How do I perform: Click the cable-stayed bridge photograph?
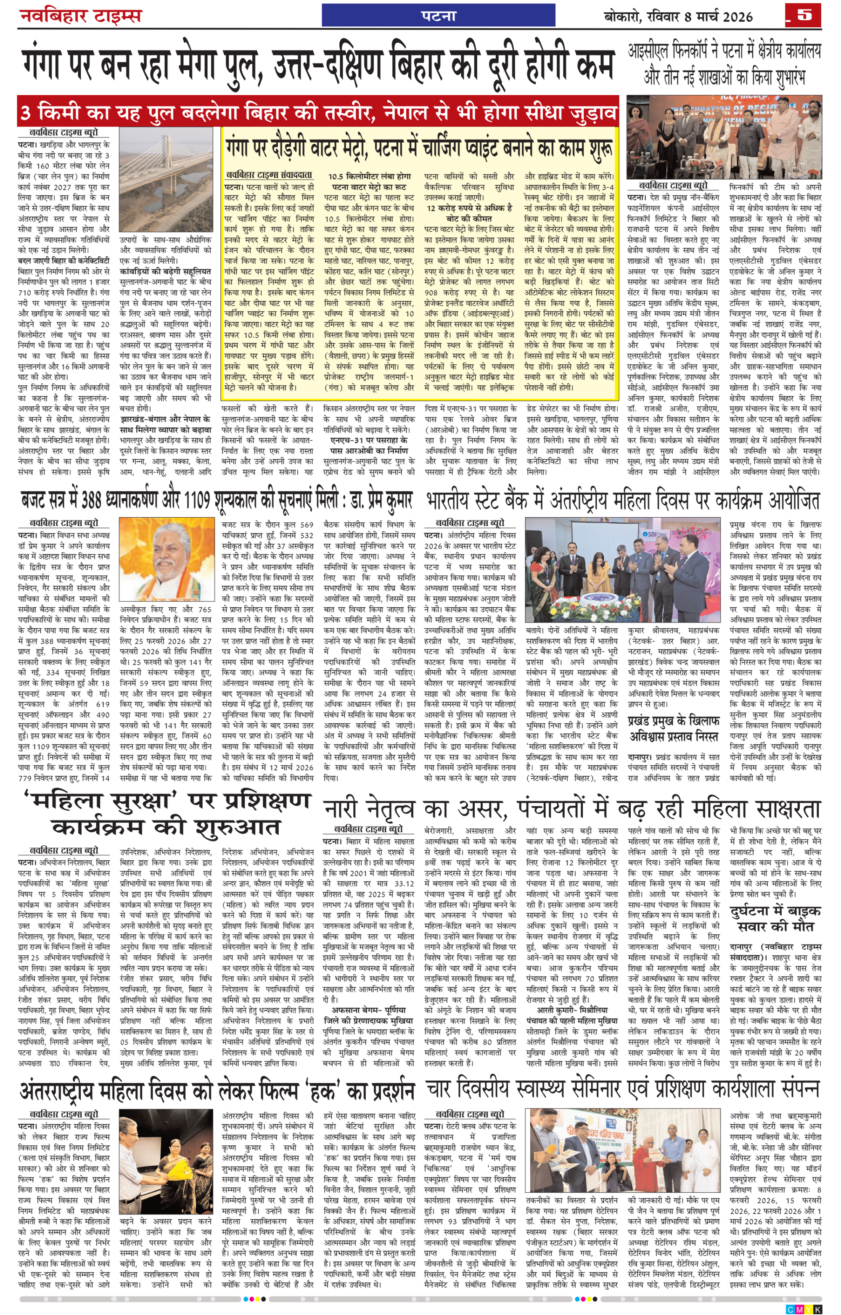click(166, 179)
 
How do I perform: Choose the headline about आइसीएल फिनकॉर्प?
click(724, 64)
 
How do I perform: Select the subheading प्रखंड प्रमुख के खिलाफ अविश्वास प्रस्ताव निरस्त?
click(673, 728)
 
